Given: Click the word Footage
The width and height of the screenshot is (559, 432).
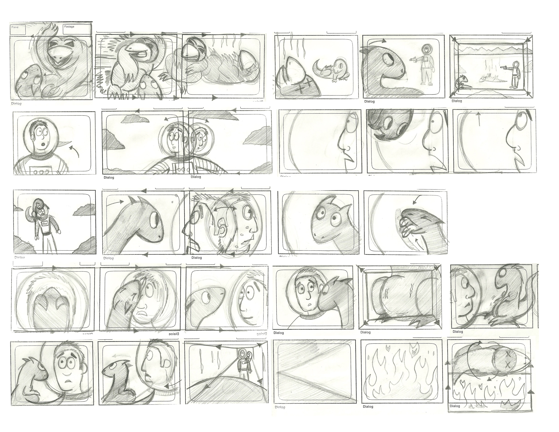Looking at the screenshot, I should [69, 27].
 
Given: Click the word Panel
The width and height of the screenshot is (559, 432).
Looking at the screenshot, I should [15, 27].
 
